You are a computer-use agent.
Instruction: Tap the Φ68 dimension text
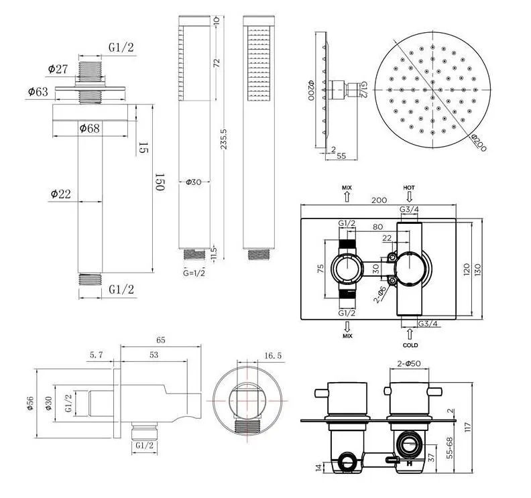coord(91,127)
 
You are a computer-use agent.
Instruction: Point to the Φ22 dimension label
coord(61,194)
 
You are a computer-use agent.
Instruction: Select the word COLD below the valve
coord(410,345)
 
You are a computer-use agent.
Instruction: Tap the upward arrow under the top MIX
coord(347,197)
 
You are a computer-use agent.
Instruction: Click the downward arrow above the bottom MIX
coord(347,327)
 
